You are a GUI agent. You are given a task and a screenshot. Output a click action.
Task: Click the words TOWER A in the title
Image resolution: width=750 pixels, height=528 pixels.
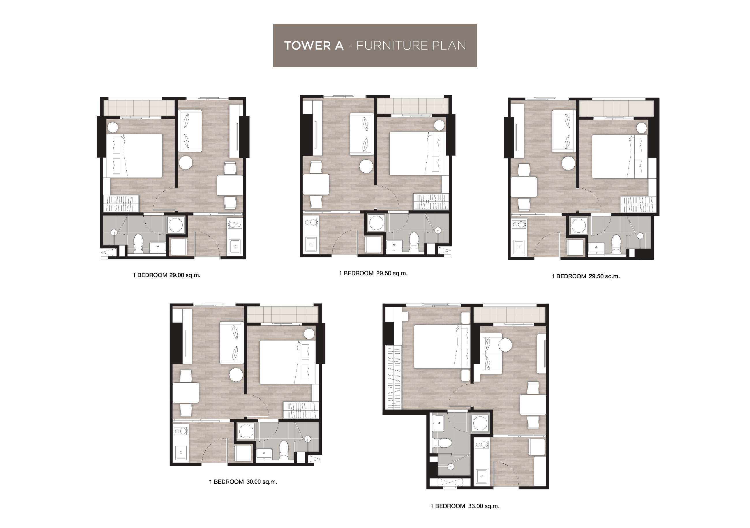tap(314, 46)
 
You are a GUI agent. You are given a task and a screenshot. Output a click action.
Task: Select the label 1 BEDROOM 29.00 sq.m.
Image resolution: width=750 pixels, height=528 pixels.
tap(167, 275)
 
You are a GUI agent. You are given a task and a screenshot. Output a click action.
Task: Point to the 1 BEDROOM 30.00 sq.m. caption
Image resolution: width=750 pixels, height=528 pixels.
tap(243, 482)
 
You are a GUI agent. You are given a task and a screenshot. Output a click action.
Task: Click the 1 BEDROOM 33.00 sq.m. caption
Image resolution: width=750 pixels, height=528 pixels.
tap(465, 506)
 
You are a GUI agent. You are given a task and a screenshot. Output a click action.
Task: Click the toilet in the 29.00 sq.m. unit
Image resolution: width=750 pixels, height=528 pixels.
tap(138, 244)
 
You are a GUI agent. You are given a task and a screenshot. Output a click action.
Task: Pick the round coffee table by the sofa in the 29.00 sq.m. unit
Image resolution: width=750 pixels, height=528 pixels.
tap(186, 162)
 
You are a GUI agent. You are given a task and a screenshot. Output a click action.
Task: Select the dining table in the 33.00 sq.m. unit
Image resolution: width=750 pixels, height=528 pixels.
tap(533, 405)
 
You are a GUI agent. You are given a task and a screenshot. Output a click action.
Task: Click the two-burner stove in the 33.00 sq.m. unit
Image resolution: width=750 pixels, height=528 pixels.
tap(481, 444)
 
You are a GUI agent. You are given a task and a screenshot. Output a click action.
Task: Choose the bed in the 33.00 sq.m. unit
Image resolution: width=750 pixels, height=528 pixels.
tap(441, 346)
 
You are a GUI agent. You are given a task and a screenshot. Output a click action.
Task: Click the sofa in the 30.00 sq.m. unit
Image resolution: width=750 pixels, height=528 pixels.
tap(231, 343)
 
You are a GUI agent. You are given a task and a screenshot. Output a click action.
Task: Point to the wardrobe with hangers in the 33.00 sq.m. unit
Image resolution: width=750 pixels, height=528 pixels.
tap(394, 378)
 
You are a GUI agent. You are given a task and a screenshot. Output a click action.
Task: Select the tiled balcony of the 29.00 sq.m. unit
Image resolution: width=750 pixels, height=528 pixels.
tap(139, 108)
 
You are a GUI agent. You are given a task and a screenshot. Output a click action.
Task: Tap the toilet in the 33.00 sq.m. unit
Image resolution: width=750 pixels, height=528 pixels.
tap(442, 443)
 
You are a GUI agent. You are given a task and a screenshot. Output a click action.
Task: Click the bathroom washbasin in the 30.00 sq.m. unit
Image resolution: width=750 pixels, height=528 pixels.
tap(264, 454)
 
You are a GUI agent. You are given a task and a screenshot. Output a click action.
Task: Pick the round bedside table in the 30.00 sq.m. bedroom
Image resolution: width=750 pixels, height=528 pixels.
tap(309, 334)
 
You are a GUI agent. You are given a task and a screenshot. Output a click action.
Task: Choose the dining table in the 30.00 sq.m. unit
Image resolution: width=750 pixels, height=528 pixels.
tap(185, 393)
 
